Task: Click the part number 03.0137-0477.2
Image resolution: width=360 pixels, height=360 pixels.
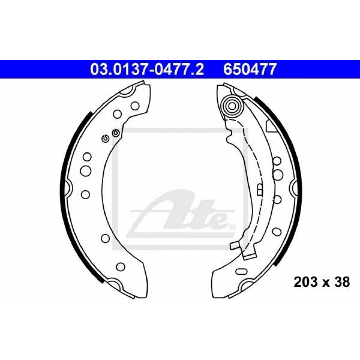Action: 147,69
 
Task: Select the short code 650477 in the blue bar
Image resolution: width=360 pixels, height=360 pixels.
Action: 249,69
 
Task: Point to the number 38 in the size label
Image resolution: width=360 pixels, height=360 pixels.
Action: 342,282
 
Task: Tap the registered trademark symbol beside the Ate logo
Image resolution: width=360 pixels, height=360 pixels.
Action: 232,227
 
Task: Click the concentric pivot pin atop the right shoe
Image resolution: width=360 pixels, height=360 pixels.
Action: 232,106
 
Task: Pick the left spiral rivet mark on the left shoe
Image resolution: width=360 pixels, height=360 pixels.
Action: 105,138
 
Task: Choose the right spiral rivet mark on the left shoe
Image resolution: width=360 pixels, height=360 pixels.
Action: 116,133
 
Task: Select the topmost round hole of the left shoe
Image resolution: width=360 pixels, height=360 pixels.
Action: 135,106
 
